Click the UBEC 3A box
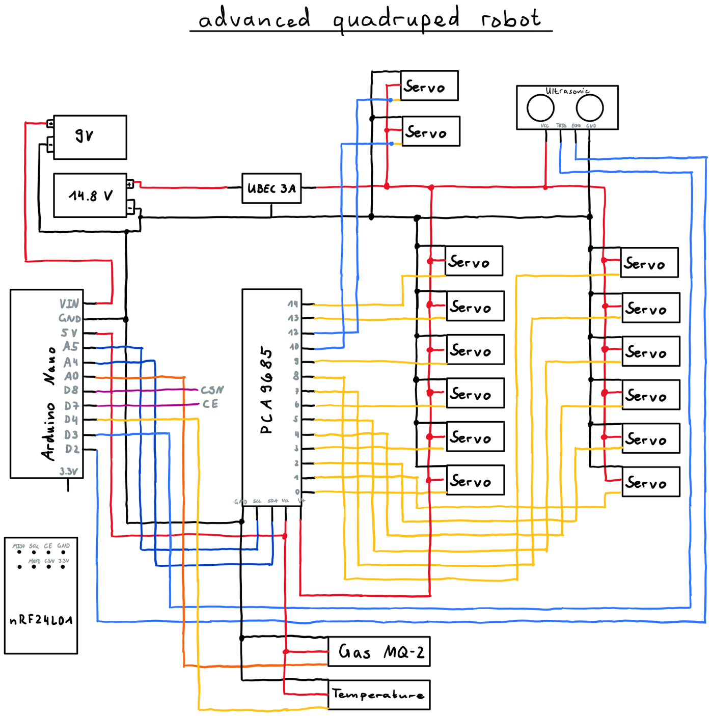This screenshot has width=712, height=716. click(271, 188)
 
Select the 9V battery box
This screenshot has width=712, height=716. click(90, 137)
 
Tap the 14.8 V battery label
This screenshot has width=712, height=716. click(91, 196)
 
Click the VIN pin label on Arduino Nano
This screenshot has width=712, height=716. click(69, 304)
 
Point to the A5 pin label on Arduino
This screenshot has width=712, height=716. click(71, 347)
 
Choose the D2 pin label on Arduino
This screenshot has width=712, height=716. click(72, 449)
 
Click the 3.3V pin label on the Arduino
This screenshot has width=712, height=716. click(68, 472)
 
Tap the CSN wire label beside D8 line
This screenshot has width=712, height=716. click(212, 390)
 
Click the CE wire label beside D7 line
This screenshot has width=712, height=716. click(210, 404)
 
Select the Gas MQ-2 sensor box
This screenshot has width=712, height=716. click(379, 651)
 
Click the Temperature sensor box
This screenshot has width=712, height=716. click(379, 695)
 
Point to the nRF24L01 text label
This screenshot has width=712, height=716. click(41, 620)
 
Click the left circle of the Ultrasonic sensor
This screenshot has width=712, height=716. click(540, 107)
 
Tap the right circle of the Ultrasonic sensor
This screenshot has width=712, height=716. click(590, 107)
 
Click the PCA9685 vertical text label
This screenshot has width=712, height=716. click(266, 391)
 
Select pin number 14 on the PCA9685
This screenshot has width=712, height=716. click(292, 304)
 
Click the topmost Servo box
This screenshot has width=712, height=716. click(429, 86)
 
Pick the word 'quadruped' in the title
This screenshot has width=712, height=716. click(396, 19)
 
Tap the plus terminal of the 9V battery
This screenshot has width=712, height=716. click(50, 123)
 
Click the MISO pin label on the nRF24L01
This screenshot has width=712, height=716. click(19, 546)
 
